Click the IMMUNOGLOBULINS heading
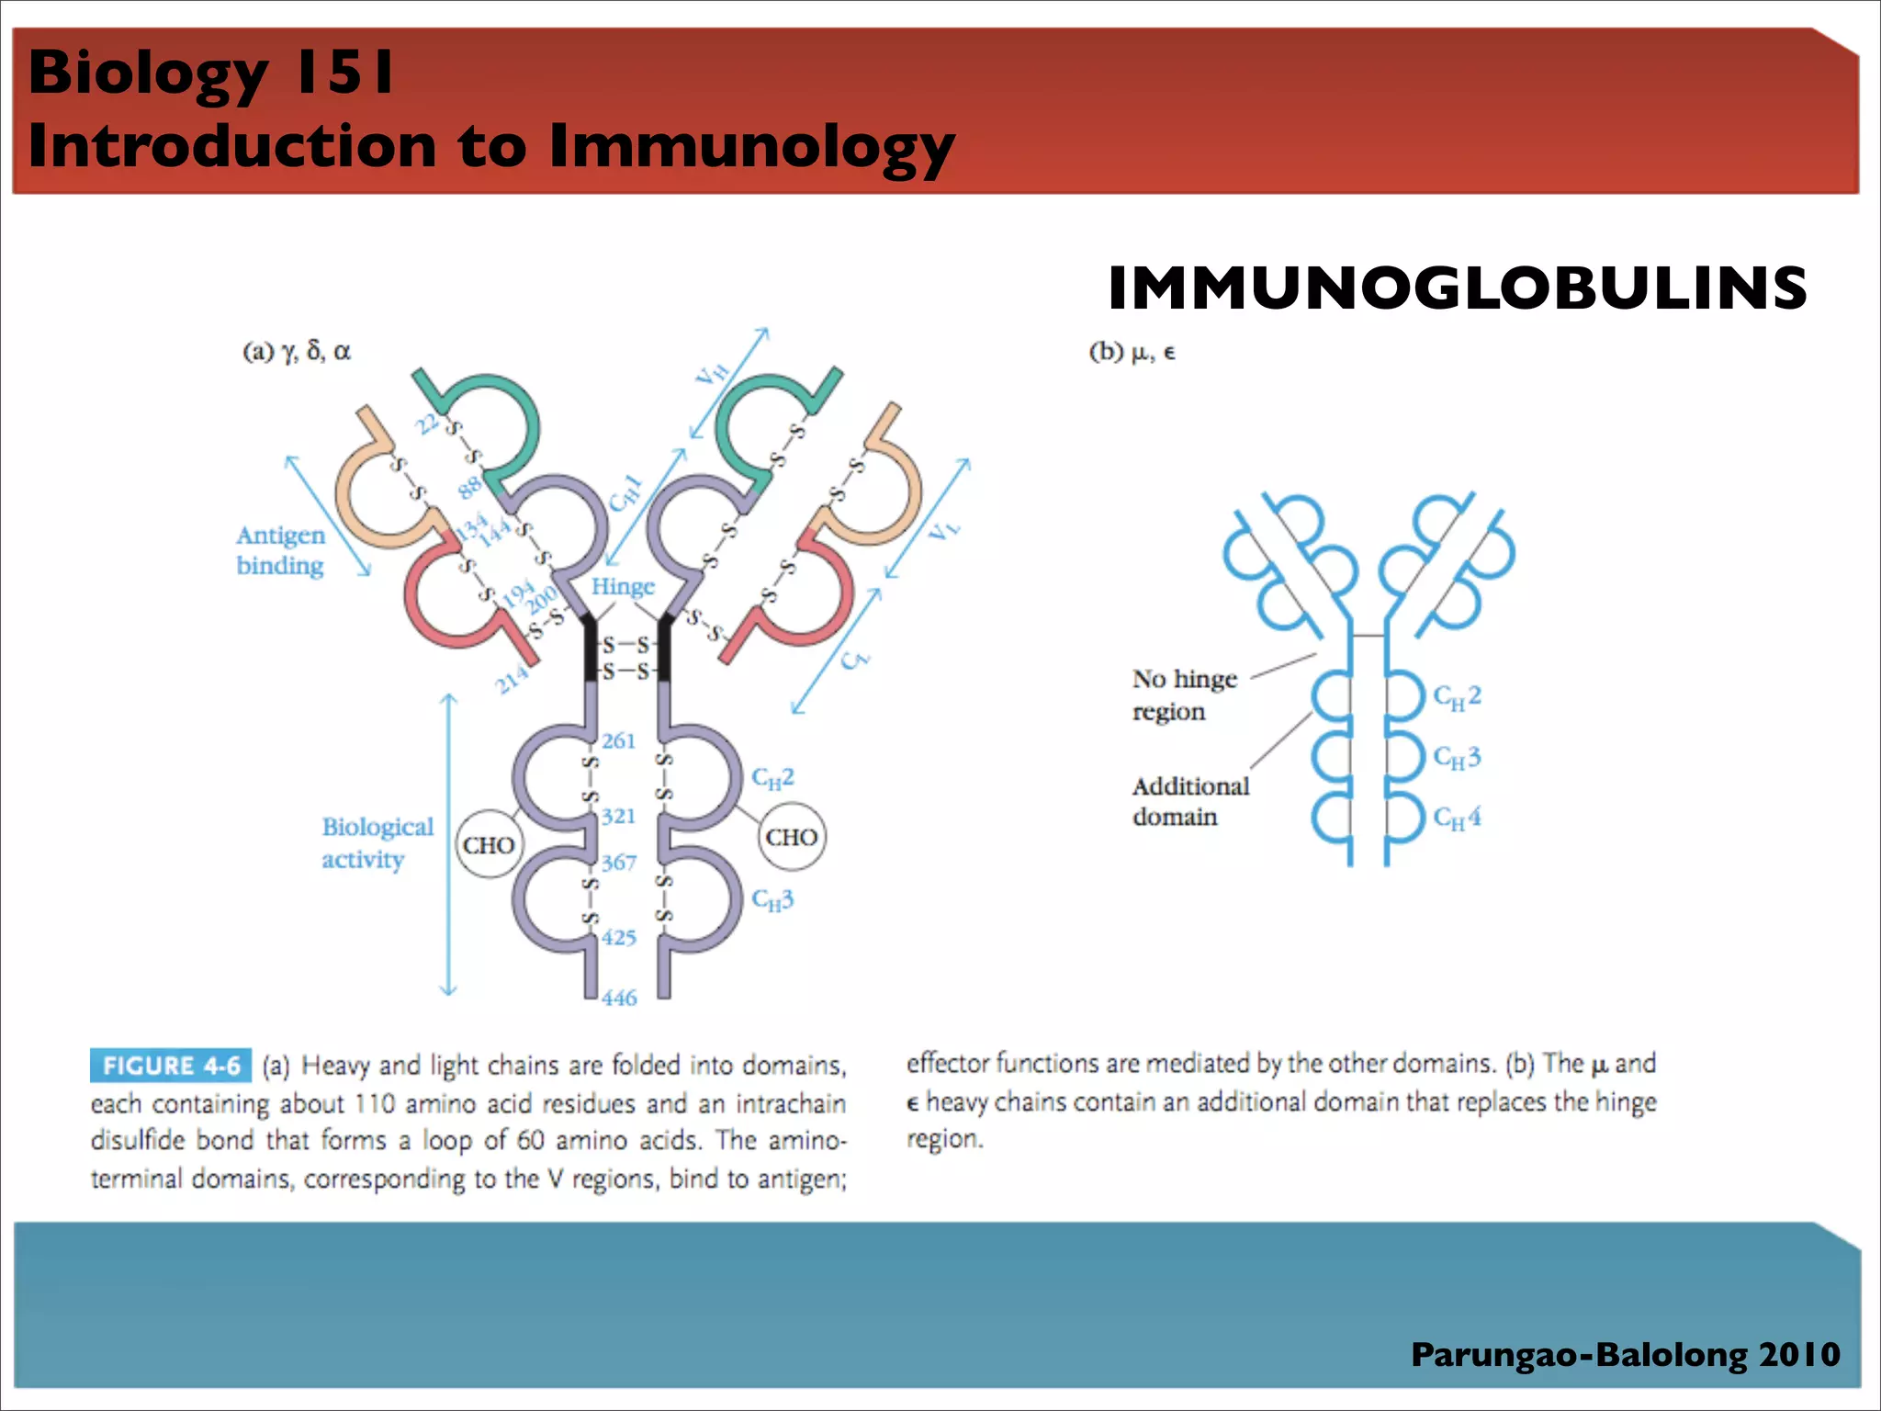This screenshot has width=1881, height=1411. click(x=1457, y=288)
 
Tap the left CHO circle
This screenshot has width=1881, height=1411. click(x=489, y=844)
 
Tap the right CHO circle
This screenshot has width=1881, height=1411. click(x=791, y=837)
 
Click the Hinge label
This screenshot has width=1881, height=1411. click(x=623, y=586)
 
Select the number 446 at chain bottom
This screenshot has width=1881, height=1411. click(x=619, y=998)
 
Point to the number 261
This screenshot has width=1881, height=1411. click(x=618, y=740)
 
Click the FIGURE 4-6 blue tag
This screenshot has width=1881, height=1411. click(x=170, y=1066)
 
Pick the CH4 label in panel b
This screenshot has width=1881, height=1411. click(x=1457, y=817)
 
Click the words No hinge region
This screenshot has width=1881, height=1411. click(x=1184, y=694)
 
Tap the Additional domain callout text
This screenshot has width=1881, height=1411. click(x=1189, y=801)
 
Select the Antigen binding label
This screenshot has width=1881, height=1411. click(x=280, y=549)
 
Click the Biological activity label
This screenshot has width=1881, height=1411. click(x=377, y=842)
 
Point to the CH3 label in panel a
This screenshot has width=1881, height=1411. click(x=772, y=899)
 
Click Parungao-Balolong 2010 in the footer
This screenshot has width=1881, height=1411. click(x=1625, y=1355)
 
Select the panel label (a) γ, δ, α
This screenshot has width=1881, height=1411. click(x=296, y=351)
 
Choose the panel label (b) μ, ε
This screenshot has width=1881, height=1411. click(x=1132, y=352)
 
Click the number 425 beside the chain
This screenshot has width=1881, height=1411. click(x=618, y=938)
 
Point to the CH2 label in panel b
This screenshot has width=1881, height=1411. click(x=1457, y=697)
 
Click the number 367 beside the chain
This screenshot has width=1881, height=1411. click(x=618, y=863)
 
